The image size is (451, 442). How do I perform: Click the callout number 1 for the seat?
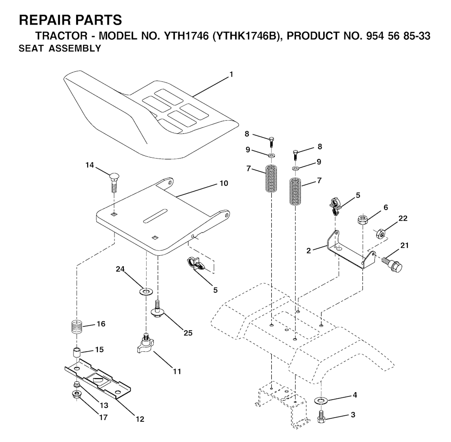tap(231, 75)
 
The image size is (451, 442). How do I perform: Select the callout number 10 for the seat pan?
tap(224, 183)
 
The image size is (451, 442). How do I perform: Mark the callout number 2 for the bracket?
tap(309, 251)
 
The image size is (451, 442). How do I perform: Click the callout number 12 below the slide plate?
tap(140, 419)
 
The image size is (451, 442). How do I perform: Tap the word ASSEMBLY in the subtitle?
tap(75, 48)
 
